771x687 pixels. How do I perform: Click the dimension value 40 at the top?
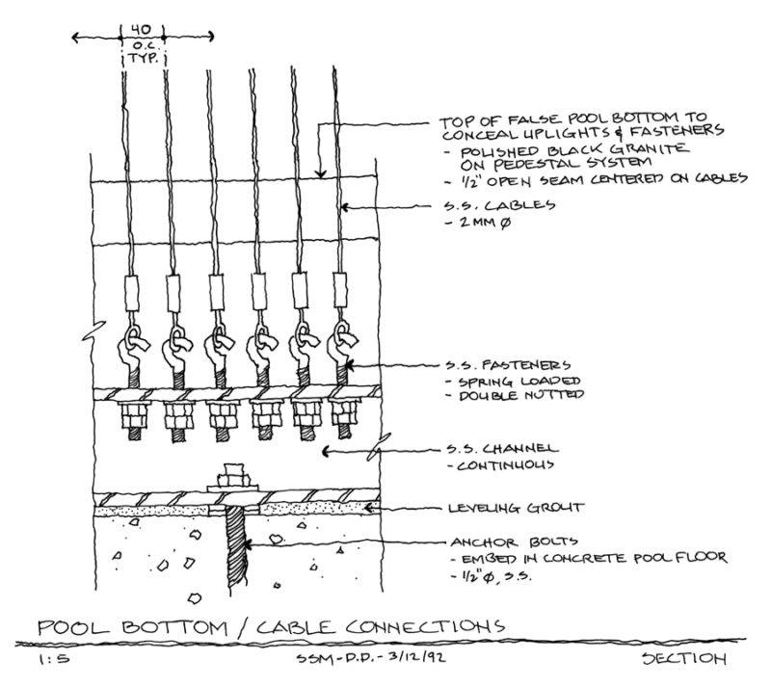click(x=141, y=30)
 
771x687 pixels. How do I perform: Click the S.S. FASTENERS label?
click(x=503, y=365)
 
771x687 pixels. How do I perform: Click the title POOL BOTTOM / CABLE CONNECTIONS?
click(x=271, y=626)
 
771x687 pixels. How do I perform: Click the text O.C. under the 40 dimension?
click(x=141, y=46)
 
